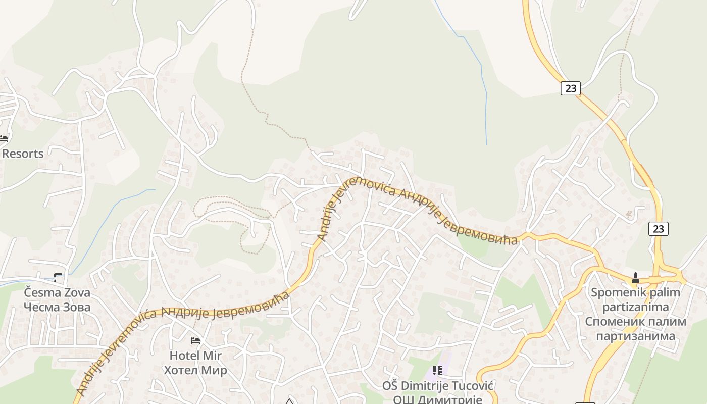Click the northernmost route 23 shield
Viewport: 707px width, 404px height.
point(571,88)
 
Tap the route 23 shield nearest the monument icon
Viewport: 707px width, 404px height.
point(659,229)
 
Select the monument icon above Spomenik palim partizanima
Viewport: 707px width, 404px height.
point(636,277)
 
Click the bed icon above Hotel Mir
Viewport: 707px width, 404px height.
point(195,341)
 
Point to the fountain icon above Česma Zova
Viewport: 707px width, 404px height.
point(58,278)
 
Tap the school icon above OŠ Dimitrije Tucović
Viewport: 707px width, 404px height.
point(437,371)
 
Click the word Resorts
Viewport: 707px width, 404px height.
point(23,154)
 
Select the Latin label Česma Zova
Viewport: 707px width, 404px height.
point(57,293)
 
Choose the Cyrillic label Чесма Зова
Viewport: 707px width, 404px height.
point(57,307)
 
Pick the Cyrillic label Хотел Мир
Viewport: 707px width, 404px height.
point(195,370)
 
